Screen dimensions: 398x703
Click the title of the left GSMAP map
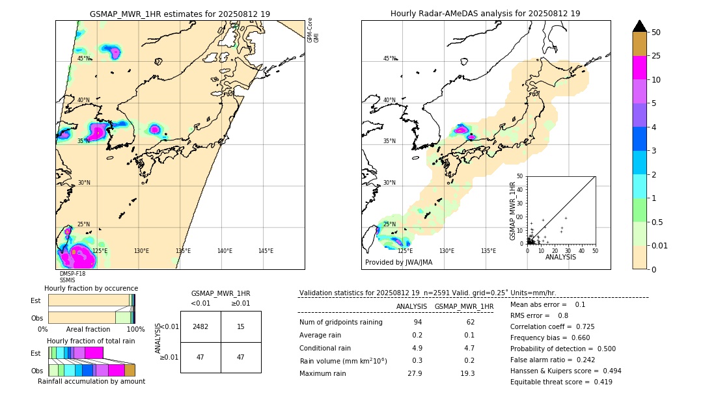[180, 14]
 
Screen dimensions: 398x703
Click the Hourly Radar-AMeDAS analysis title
[485, 14]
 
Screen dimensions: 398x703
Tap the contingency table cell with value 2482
[200, 326]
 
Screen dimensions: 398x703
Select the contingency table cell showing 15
[241, 326]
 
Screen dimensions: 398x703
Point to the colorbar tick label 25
[656, 57]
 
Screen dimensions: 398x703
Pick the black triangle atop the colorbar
[640, 26]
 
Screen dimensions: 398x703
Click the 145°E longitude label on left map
[266, 251]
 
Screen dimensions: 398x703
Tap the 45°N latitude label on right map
[389, 59]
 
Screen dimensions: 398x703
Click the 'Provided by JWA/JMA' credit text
[398, 263]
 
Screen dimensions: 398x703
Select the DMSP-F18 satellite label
[72, 274]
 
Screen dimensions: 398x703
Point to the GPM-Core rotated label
[310, 30]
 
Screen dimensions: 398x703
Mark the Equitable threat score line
[561, 382]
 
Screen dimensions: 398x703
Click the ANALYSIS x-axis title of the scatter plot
[561, 258]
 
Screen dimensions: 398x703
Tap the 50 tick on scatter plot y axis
[519, 176]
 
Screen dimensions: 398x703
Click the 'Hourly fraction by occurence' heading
[91, 288]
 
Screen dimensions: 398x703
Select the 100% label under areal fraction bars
[135, 330]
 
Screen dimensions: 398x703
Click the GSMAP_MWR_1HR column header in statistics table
[463, 306]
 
